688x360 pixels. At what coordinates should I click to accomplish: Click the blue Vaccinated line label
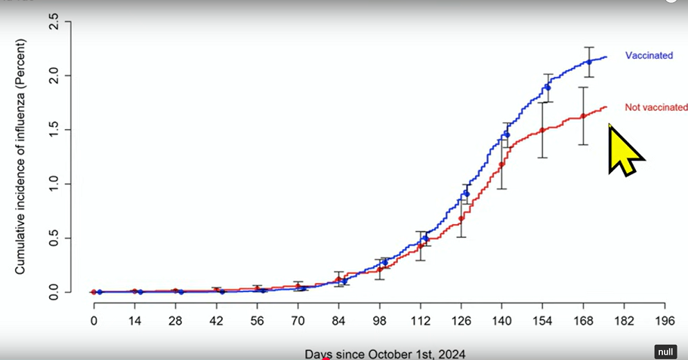pos(649,56)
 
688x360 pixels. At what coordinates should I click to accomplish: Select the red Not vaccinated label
pos(656,108)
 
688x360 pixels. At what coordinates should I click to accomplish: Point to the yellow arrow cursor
pos(624,149)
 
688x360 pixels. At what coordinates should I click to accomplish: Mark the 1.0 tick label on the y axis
pos(54,183)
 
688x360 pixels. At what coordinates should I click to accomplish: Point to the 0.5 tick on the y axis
pos(54,238)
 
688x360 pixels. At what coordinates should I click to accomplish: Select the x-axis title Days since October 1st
pos(385,353)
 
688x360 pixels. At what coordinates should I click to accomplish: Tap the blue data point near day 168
pos(589,62)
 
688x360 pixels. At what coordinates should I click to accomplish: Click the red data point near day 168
pos(583,115)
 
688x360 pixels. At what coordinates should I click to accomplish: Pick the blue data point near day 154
pos(548,88)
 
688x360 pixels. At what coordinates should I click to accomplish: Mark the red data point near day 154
pos(542,130)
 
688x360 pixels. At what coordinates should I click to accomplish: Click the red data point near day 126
pos(461,219)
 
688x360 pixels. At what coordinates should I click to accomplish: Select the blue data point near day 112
pos(426,238)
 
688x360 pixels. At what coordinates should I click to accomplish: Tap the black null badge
pos(665,352)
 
